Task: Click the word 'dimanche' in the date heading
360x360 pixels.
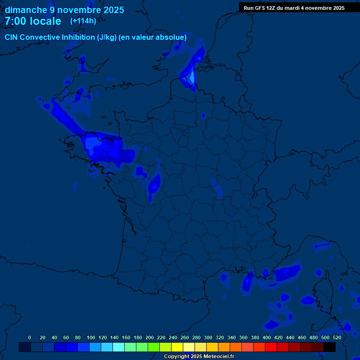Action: coord(26,10)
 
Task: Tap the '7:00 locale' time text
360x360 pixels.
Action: coord(33,21)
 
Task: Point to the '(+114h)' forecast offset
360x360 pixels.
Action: coord(83,21)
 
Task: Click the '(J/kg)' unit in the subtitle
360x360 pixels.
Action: coord(107,37)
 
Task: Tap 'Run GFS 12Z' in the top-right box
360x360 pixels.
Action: coord(259,8)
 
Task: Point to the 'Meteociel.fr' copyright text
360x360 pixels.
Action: coord(218,357)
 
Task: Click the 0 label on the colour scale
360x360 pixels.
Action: coord(30,337)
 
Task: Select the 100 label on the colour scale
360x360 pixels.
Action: coord(91,337)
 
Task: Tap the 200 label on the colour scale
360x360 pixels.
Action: coord(150,337)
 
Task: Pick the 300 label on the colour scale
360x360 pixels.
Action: coord(208,337)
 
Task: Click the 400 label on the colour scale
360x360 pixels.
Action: coord(267,337)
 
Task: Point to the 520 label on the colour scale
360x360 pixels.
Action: coord(337,337)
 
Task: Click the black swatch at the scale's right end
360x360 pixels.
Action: coord(330,347)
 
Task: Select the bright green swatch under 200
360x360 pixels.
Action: coord(154,347)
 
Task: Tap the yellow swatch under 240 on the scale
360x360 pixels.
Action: coord(177,347)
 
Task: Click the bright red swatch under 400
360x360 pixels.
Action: coord(271,347)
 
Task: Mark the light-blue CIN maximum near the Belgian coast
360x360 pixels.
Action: coord(192,76)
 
